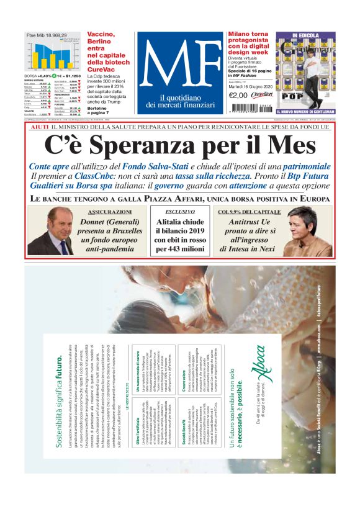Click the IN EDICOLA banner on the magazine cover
tap(305, 35)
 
